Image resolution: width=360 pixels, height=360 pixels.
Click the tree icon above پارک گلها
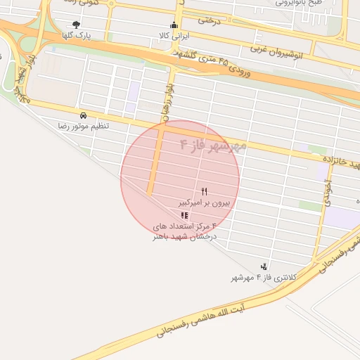click(x=76, y=25)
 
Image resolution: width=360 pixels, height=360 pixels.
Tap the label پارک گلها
click(x=76, y=34)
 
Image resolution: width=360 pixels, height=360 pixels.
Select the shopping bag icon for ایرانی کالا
click(x=174, y=26)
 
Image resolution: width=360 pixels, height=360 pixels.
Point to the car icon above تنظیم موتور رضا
click(x=84, y=115)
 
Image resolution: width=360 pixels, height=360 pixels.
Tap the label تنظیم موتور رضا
click(x=84, y=125)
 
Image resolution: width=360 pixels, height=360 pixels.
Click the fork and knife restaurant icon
click(x=205, y=191)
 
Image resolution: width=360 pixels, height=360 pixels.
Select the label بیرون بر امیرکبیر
click(x=204, y=202)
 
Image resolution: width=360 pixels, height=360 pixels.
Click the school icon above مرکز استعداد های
click(x=185, y=215)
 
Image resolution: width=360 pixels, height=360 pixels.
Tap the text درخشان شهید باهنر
click(x=185, y=237)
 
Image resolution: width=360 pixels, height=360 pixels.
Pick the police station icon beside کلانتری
click(x=264, y=266)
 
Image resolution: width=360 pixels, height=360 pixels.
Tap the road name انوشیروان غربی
click(x=288, y=51)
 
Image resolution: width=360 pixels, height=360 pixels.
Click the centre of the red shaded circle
click(x=180, y=178)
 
